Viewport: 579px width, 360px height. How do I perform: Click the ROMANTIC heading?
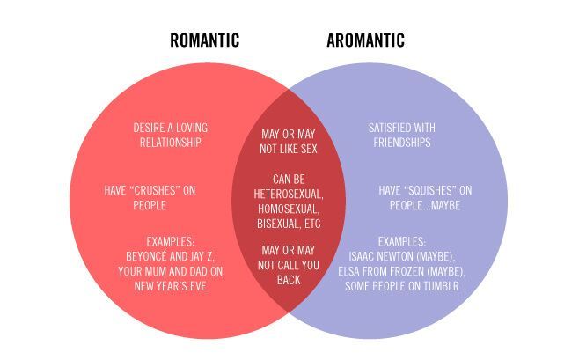click(x=204, y=40)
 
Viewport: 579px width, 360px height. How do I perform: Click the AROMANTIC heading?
click(x=365, y=40)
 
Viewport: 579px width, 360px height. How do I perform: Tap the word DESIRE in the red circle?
click(x=149, y=128)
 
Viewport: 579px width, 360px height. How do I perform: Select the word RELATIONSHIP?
click(x=170, y=143)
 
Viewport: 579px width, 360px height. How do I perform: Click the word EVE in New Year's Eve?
click(x=198, y=286)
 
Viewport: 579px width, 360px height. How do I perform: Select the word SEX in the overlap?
click(x=309, y=149)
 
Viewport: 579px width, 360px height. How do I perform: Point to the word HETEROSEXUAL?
click(x=289, y=195)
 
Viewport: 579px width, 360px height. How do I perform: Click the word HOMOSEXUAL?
click(x=289, y=209)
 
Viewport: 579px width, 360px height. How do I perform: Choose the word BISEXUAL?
click(x=279, y=224)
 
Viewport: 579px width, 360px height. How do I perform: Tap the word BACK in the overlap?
click(x=289, y=280)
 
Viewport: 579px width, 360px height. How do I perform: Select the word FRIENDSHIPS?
click(x=402, y=143)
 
